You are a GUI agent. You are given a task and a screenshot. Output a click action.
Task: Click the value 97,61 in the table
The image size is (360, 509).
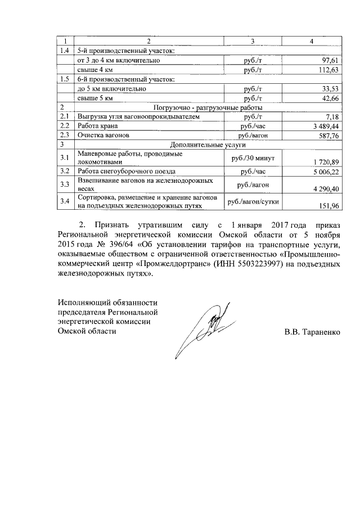(x=328, y=60)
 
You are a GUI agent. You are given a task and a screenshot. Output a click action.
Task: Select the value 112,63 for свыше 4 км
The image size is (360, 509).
(x=327, y=70)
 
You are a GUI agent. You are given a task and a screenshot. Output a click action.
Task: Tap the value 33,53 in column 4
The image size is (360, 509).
(x=328, y=89)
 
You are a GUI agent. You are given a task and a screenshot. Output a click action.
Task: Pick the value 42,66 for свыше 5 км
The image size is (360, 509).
(x=328, y=98)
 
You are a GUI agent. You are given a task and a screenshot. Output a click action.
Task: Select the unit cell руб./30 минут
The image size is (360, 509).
(x=253, y=157)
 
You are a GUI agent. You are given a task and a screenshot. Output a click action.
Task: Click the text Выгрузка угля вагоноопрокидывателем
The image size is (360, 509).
(x=138, y=117)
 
